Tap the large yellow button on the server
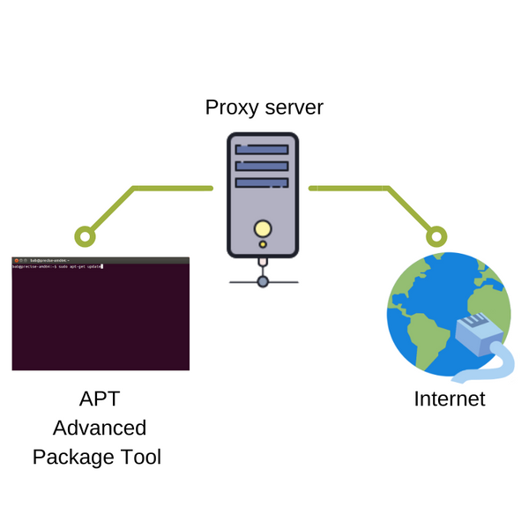click(262, 229)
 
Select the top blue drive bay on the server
click(262, 150)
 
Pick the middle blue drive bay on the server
click(262, 166)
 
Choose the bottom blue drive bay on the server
click(262, 182)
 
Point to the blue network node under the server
click(262, 281)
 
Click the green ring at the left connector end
click(85, 235)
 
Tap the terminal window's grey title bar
click(101, 261)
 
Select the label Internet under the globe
click(450, 399)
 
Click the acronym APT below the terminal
click(100, 399)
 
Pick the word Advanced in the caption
click(100, 428)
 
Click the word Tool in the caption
click(141, 458)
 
